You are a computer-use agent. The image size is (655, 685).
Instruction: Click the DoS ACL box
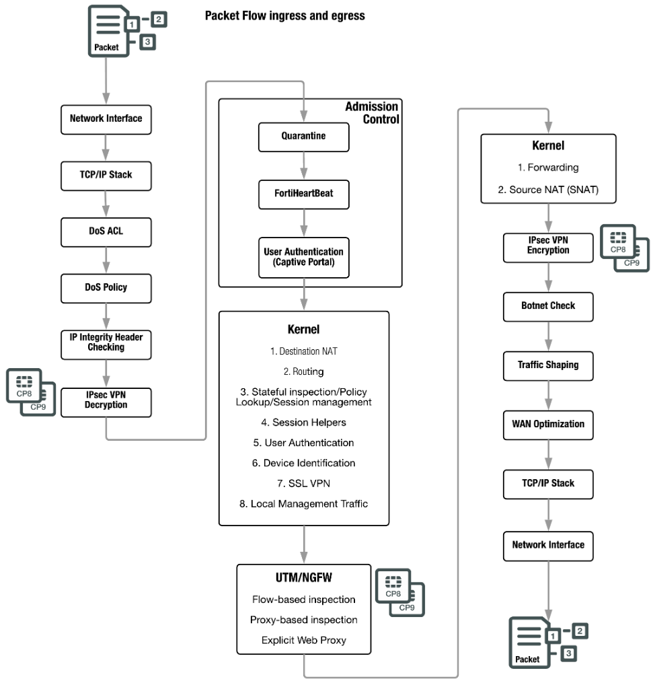[x=106, y=232]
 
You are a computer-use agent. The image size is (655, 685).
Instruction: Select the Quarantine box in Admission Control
[x=303, y=137]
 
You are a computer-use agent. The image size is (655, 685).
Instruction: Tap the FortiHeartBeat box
[x=303, y=194]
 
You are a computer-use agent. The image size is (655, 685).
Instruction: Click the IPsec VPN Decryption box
[x=106, y=402]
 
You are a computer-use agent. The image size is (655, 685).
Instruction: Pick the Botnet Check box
[x=548, y=307]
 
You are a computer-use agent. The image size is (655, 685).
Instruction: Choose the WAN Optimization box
[x=548, y=425]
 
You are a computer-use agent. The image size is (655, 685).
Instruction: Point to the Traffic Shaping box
[x=548, y=366]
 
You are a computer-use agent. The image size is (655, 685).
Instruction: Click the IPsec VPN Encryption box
[x=548, y=248]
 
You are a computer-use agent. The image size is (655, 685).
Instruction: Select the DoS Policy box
[x=106, y=288]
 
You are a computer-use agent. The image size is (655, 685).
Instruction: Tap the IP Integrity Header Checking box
[x=106, y=345]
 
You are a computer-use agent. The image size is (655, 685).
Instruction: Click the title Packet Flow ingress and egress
[x=284, y=16]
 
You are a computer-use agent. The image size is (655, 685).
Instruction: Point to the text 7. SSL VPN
[x=303, y=484]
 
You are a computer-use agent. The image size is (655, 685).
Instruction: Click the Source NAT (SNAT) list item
[x=548, y=190]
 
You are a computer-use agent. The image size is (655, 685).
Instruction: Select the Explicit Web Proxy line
[x=303, y=641]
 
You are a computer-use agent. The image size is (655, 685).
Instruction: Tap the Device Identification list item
[x=303, y=463]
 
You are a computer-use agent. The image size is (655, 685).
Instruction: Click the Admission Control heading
[x=372, y=113]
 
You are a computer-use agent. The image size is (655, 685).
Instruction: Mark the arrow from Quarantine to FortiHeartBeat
[x=304, y=166]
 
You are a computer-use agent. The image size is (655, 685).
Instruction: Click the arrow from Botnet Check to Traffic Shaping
[x=549, y=337]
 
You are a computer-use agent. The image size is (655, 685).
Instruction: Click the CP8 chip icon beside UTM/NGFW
[x=393, y=585]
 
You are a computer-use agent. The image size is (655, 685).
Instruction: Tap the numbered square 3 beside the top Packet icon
[x=147, y=42]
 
